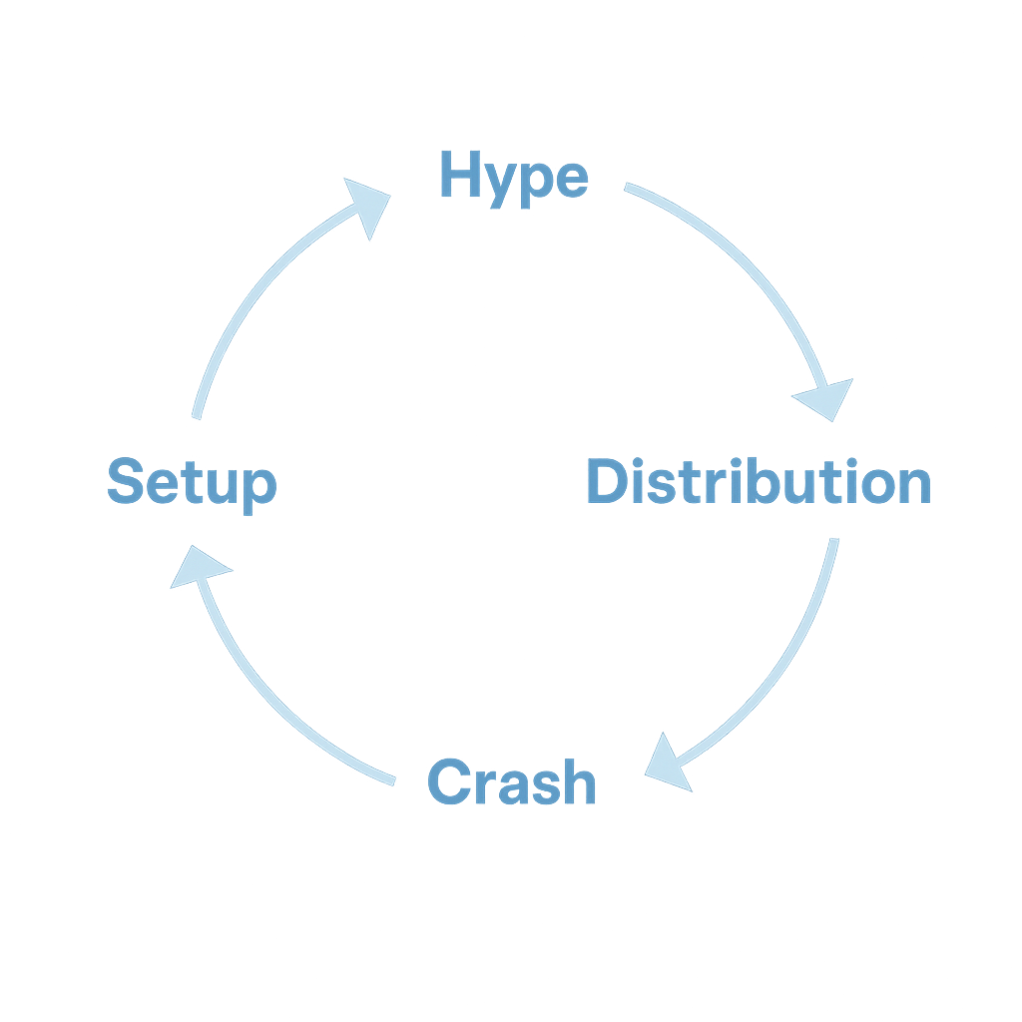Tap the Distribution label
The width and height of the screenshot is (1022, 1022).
click(760, 482)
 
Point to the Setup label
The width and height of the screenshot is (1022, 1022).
click(193, 485)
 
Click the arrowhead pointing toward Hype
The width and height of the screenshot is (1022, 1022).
click(369, 204)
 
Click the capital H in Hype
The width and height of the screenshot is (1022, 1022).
click(461, 174)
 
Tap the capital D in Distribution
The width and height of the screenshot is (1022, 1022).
click(608, 481)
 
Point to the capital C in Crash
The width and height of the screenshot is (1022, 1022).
click(450, 780)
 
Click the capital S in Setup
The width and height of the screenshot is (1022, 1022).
click(125, 480)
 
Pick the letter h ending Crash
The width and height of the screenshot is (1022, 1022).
click(579, 780)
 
